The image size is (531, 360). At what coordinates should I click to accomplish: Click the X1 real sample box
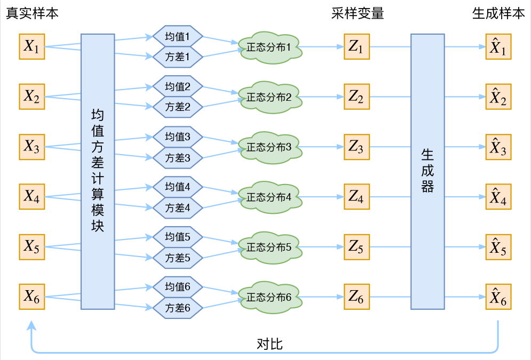point(31,47)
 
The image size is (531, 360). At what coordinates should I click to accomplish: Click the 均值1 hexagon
point(178,36)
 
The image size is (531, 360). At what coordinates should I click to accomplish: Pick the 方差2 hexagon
point(178,107)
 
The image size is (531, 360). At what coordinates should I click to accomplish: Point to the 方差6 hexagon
point(178,308)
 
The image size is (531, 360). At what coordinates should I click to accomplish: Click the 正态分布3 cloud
point(270,147)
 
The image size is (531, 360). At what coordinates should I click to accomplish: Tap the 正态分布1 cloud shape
point(270,47)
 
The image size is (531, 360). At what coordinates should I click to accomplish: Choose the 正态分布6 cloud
point(270,298)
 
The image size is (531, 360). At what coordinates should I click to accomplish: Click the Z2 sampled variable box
point(356,97)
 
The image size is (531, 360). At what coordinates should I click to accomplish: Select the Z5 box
point(356,247)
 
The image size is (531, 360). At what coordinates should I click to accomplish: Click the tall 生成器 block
point(427,171)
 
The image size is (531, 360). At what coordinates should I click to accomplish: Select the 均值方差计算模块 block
point(98,171)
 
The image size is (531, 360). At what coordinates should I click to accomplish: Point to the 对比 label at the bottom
point(270,344)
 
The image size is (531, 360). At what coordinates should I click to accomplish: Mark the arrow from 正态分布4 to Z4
point(323,197)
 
